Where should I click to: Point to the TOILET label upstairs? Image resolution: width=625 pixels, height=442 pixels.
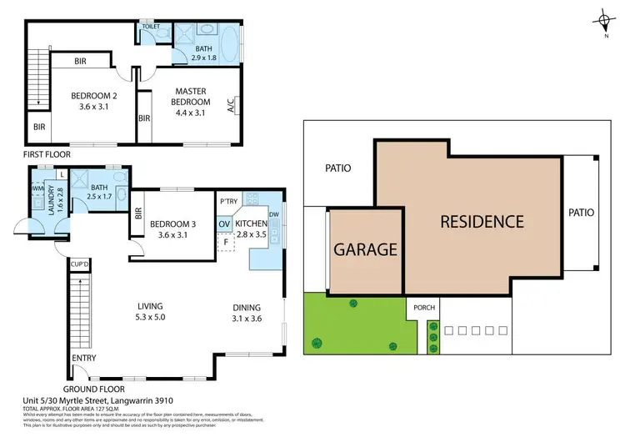[x=151, y=26]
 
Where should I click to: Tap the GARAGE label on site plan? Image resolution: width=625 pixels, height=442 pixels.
[x=364, y=249]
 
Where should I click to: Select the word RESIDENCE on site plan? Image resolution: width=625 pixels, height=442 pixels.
[x=482, y=222]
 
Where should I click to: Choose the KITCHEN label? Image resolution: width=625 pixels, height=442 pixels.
[x=251, y=224]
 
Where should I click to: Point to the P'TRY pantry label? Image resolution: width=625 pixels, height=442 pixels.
[x=228, y=202]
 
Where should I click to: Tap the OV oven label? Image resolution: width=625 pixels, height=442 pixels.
[x=224, y=224]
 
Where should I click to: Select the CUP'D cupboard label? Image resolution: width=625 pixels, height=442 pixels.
[x=81, y=264]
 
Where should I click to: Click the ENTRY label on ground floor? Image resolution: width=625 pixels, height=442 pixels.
[x=83, y=359]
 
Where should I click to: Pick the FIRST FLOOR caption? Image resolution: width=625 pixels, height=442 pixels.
[x=47, y=154]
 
